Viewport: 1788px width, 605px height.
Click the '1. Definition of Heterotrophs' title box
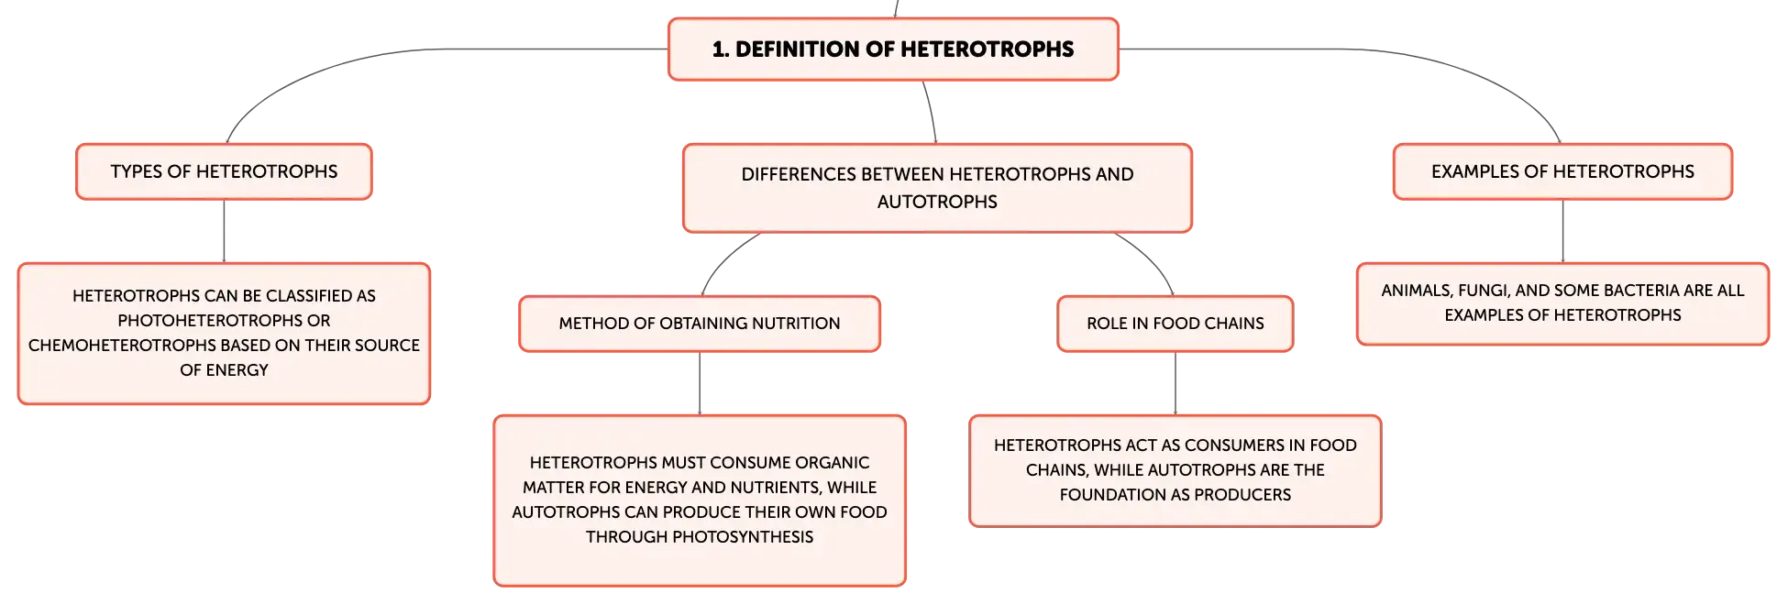pos(893,49)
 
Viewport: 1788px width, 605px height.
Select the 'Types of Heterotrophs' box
pos(224,171)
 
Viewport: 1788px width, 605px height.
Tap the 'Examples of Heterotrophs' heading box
pos(1562,171)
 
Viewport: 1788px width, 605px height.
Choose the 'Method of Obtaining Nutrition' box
pos(700,324)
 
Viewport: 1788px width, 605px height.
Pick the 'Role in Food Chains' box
pos(1175,324)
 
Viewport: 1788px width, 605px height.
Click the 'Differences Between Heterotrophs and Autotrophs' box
pos(937,188)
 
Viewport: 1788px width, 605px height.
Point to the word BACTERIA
pos(1637,291)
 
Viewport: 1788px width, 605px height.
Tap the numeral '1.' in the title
pos(721,49)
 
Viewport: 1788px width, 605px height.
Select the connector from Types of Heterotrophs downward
pos(224,231)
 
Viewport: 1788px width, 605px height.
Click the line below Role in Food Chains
pos(1175,383)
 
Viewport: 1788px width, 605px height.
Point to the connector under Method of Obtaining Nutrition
pos(700,383)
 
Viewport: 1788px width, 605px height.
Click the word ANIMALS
pos(1416,291)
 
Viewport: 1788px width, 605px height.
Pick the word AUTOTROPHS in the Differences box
pos(937,202)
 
